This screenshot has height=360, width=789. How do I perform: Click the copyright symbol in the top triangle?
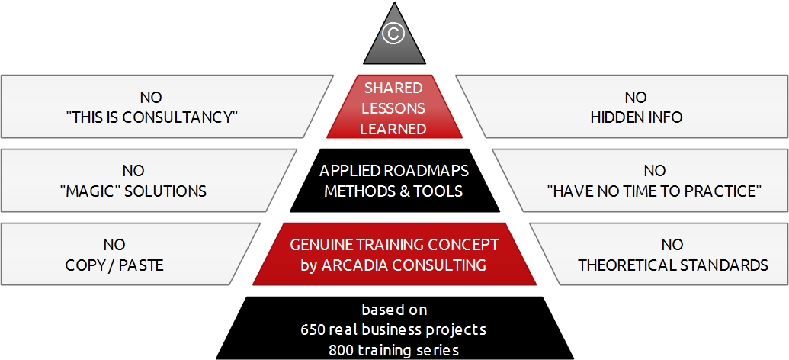(x=393, y=34)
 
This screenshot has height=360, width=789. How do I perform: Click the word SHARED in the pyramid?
(x=393, y=88)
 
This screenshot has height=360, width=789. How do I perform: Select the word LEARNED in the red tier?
(x=393, y=129)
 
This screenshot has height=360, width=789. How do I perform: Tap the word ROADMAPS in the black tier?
(x=426, y=171)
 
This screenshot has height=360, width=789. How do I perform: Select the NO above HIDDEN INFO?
(x=636, y=97)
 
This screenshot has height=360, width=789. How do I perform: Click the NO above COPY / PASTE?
(x=114, y=245)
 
